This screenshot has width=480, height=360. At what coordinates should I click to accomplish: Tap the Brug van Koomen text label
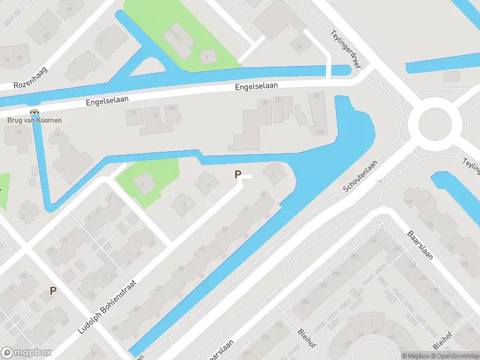coord(35,120)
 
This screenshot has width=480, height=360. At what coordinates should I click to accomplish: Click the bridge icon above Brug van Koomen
coord(35,112)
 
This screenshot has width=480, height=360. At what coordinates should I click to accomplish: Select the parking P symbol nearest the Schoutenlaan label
coord(238,175)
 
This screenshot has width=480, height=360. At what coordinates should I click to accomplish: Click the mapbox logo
coord(26,353)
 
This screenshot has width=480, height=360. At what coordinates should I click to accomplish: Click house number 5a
coord(299,45)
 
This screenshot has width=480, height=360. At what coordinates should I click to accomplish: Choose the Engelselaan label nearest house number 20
coord(256,87)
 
